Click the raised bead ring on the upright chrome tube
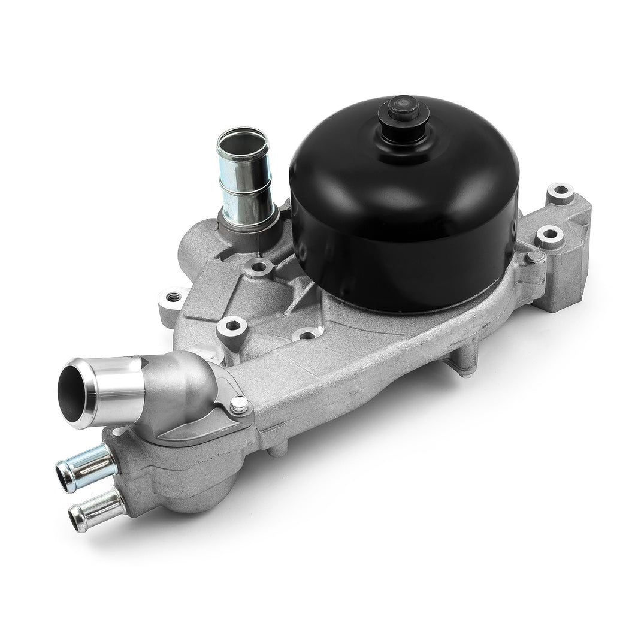click(x=246, y=180)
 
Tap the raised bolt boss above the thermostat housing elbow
click(x=232, y=326)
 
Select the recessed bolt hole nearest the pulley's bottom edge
click(x=307, y=335)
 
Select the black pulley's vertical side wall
click(x=407, y=258)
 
